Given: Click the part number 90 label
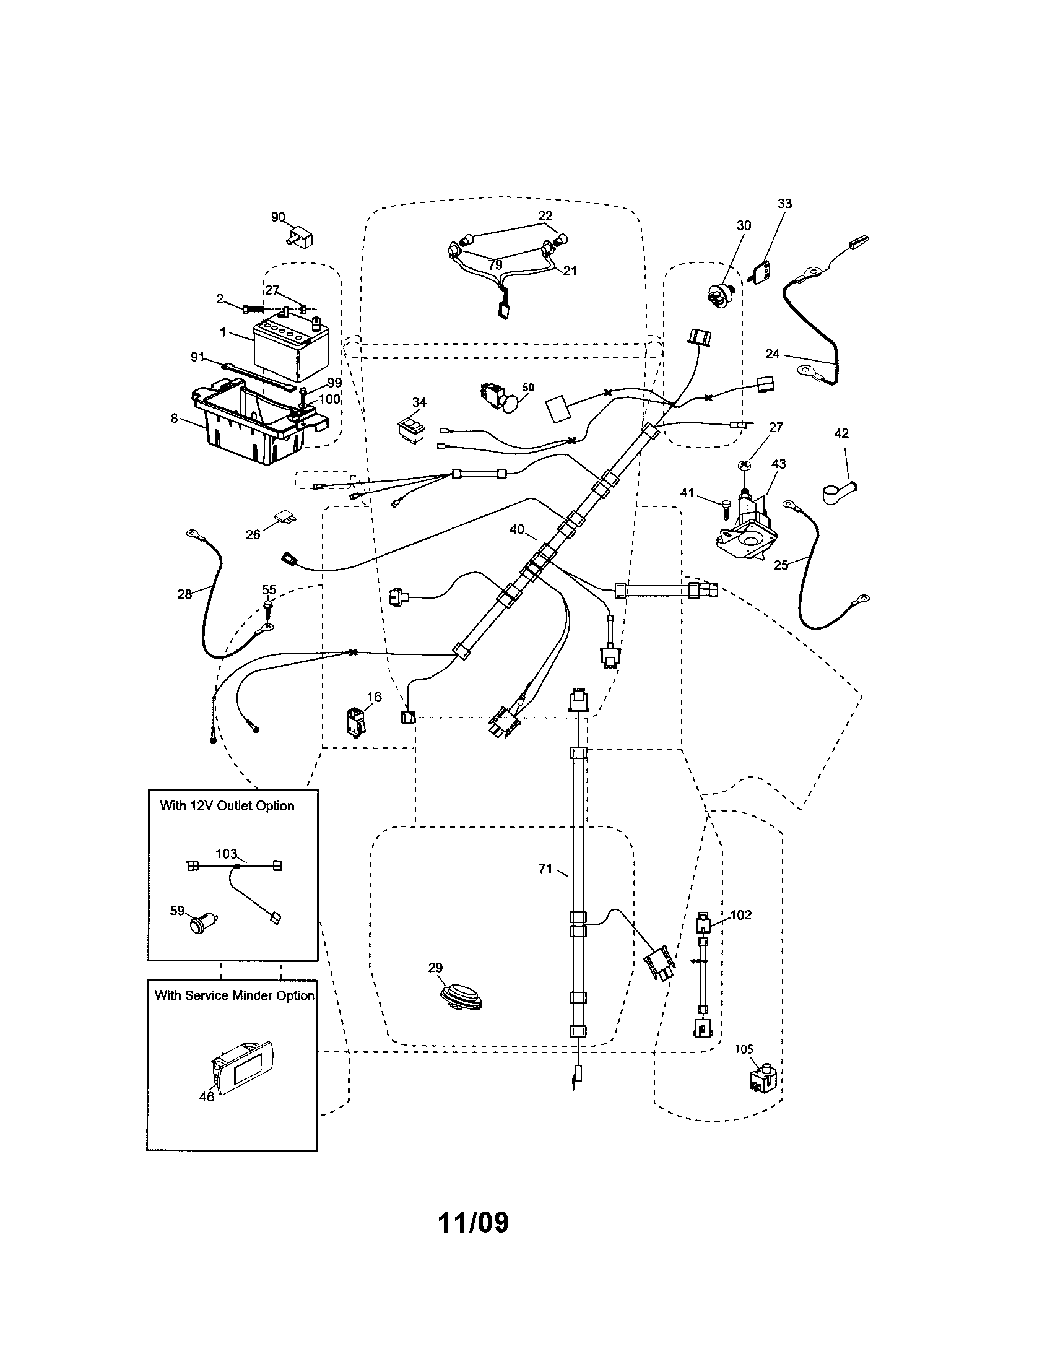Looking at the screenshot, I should tap(277, 217).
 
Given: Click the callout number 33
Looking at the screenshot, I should tap(784, 203).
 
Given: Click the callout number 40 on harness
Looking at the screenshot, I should tap(516, 529).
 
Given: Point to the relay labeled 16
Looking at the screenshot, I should tap(354, 722).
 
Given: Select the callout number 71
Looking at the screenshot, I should tap(545, 869).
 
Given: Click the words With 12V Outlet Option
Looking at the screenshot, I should tap(227, 805).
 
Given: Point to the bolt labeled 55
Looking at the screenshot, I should tap(268, 605).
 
